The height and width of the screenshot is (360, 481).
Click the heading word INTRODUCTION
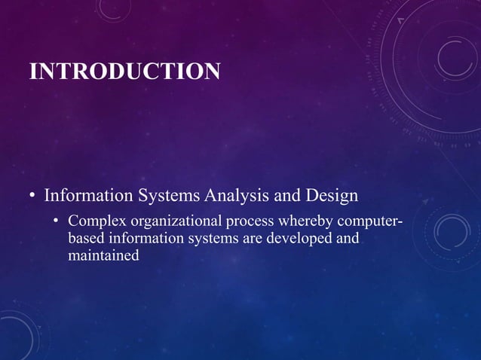(x=124, y=72)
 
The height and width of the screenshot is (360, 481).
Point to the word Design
(x=331, y=197)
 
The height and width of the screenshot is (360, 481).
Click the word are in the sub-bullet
(x=251, y=239)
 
